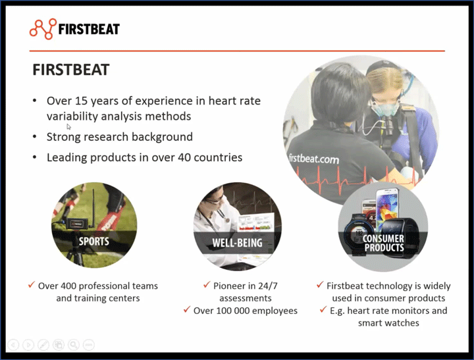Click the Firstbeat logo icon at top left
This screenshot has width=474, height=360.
pyautogui.click(x=43, y=29)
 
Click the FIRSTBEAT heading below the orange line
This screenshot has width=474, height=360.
pyautogui.click(x=71, y=69)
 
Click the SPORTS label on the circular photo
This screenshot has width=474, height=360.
pyautogui.click(x=94, y=241)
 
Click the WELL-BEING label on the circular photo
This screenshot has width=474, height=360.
pyautogui.click(x=237, y=243)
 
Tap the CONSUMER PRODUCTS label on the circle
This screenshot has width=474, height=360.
pyautogui.click(x=383, y=243)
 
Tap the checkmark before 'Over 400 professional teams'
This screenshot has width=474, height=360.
pyautogui.click(x=31, y=286)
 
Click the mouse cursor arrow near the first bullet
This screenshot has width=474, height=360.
pyautogui.click(x=69, y=126)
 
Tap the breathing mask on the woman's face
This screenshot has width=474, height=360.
pyautogui.click(x=386, y=107)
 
